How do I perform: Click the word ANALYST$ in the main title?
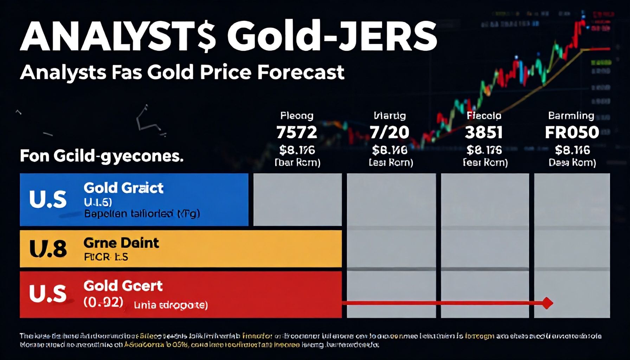[x=118, y=37]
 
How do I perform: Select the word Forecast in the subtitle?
[x=301, y=72]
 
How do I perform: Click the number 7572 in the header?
[x=297, y=133]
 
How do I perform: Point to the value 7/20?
[x=390, y=133]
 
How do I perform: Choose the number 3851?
[x=484, y=133]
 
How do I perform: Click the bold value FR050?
[x=572, y=133]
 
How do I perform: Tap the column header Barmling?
[x=571, y=116]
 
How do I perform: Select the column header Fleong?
[x=297, y=116]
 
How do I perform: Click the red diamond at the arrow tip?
[x=547, y=303]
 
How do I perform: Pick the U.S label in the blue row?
[x=48, y=199]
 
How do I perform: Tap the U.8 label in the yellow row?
[x=48, y=249]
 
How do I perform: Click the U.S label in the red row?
[x=48, y=294]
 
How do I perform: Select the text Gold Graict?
[x=123, y=188]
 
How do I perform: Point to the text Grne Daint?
[x=121, y=243]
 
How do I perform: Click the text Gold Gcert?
[x=123, y=286]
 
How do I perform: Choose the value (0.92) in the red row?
[x=103, y=302]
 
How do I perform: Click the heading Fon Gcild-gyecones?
[x=102, y=156]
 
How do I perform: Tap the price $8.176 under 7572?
[x=297, y=150]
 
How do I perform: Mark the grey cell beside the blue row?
[x=297, y=199]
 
